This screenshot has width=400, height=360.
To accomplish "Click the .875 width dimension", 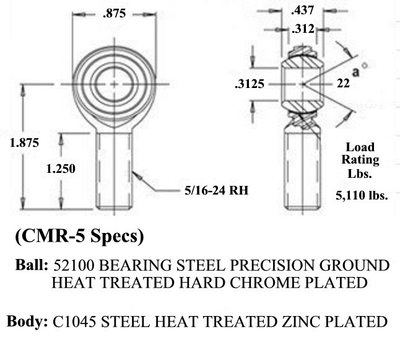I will tap(115, 15).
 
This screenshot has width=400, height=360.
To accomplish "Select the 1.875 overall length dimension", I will tap(25, 143).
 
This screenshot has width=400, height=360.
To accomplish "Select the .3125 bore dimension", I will tap(250, 86).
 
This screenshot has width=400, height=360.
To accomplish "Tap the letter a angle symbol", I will tap(357, 71).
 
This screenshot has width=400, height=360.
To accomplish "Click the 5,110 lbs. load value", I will tap(362, 195).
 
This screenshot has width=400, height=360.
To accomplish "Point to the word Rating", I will tap(360, 159).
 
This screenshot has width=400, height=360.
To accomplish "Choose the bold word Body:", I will tap(28, 322).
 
